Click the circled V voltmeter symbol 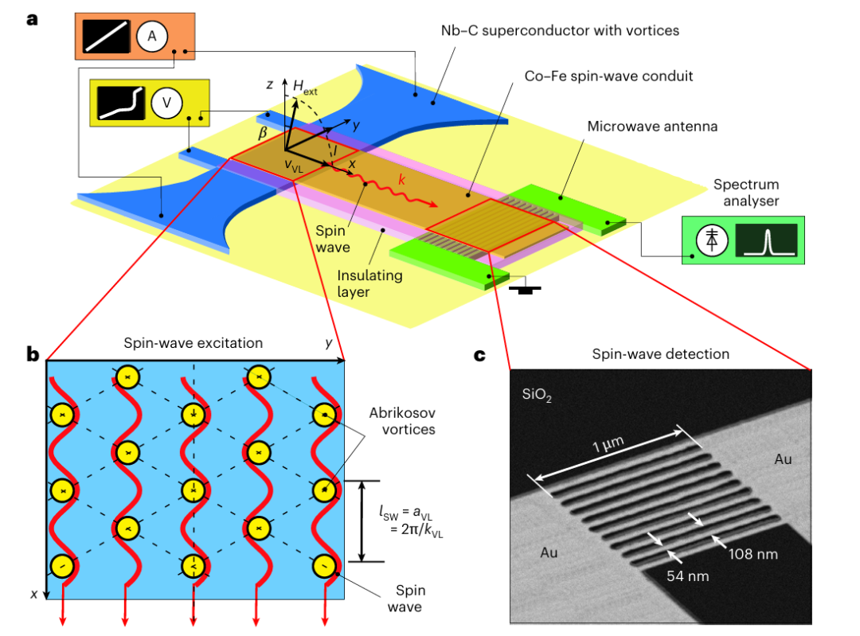167,103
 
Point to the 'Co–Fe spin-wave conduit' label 608,76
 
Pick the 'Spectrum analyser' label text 745,193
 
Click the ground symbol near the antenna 526,291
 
